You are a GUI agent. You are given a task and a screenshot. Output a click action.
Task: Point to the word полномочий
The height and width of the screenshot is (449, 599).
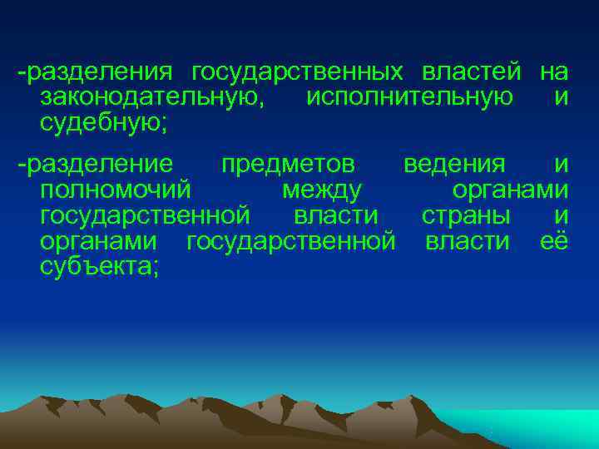[116, 190]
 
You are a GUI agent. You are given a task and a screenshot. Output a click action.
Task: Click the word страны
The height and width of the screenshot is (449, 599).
[467, 216]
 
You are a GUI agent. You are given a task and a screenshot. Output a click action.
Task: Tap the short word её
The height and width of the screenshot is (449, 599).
[554, 241]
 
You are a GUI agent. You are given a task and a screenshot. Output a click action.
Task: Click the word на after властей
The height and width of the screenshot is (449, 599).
[553, 72]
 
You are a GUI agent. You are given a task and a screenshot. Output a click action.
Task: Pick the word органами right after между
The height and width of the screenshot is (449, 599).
[510, 190]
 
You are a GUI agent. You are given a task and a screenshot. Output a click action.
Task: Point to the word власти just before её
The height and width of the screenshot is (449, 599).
[467, 242]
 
